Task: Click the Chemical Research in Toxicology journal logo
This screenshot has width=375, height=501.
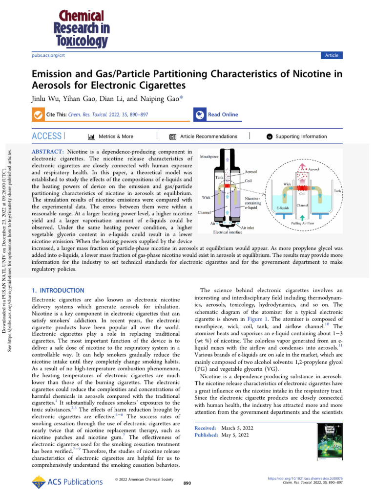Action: [x=81, y=28]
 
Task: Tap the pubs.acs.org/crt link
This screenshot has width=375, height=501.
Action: [x=48, y=56]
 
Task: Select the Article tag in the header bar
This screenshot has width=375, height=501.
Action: [x=332, y=55]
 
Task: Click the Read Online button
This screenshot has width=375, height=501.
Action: [x=223, y=114]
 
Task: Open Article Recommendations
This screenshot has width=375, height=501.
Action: [x=208, y=137]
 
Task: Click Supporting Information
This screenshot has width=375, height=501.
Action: [x=301, y=137]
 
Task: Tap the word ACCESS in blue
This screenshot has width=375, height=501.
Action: [x=46, y=136]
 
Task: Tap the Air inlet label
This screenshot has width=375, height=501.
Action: [x=250, y=227]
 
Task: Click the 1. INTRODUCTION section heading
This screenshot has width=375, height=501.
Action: [x=58, y=291]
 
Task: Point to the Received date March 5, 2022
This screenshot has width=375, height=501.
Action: [x=235, y=428]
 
